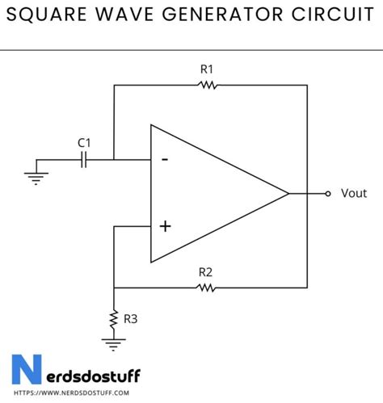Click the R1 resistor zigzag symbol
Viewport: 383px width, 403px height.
point(208,84)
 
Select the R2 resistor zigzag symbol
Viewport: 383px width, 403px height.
point(208,287)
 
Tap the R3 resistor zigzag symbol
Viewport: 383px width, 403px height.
point(114,320)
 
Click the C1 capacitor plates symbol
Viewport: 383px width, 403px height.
point(84,159)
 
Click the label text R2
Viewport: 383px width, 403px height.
point(207,272)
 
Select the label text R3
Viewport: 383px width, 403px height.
point(131,319)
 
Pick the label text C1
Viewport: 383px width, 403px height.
point(84,143)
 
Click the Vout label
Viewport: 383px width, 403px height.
point(354,194)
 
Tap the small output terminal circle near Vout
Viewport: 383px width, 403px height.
point(327,194)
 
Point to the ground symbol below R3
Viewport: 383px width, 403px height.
point(114,345)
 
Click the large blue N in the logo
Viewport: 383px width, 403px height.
point(27,368)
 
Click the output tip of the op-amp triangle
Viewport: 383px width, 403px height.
point(288,194)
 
